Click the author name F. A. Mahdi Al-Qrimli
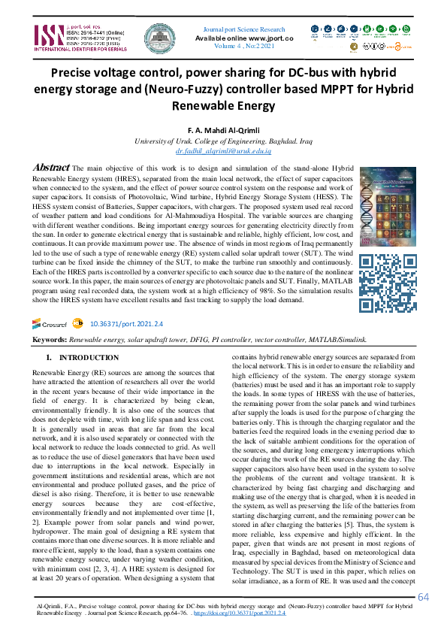pos(223,130)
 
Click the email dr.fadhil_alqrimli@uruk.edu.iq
pos(223,150)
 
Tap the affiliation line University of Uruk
pos(223,141)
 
